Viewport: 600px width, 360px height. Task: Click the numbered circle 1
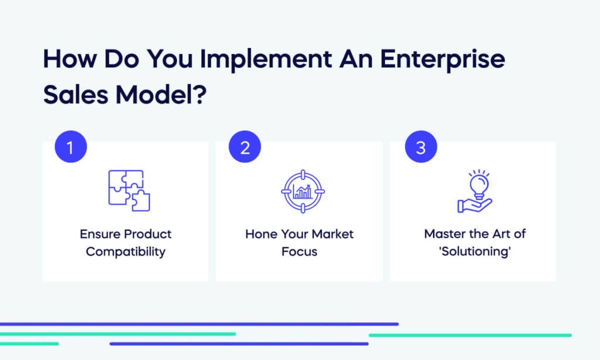(70, 147)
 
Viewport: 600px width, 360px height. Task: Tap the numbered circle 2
(245, 147)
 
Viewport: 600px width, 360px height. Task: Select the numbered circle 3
(420, 147)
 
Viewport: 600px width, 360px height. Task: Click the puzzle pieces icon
(129, 191)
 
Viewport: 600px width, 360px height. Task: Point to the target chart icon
(302, 191)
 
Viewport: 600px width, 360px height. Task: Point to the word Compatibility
(125, 252)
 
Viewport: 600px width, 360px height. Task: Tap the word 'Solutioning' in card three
(475, 252)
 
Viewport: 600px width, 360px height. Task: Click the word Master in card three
(444, 234)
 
